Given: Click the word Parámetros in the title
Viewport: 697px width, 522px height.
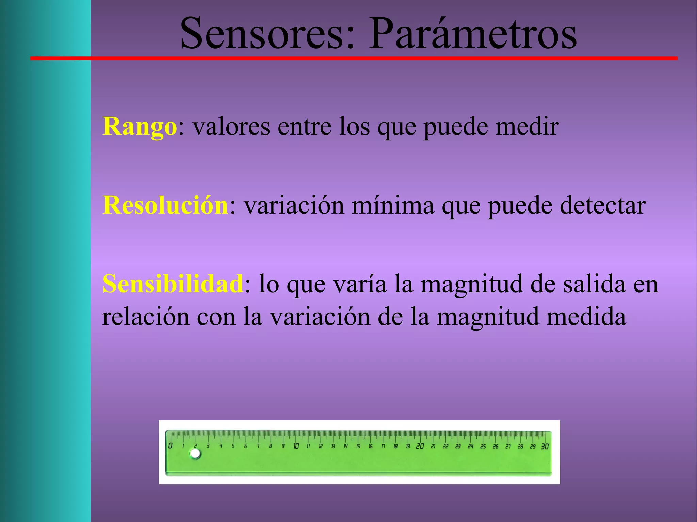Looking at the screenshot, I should pyautogui.click(x=473, y=33).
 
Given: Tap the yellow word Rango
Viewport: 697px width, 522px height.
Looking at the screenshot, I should pyautogui.click(x=140, y=127).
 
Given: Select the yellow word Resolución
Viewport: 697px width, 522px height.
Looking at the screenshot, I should pyautogui.click(x=165, y=205).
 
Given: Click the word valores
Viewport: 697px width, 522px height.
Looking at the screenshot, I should pyautogui.click(x=231, y=127).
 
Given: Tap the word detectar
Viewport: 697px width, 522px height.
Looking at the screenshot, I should pyautogui.click(x=603, y=205).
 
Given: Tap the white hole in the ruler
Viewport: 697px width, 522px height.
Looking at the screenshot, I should pyautogui.click(x=195, y=454).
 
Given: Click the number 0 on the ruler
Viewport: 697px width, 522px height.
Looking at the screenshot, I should pyautogui.click(x=170, y=446).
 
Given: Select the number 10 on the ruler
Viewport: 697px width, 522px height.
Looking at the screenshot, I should pyautogui.click(x=296, y=446).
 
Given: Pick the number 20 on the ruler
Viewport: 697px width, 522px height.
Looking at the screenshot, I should pyautogui.click(x=420, y=446).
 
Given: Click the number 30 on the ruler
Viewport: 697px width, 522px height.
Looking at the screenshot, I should pyautogui.click(x=545, y=446).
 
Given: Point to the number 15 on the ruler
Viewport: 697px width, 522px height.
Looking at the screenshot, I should pyautogui.click(x=358, y=446).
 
